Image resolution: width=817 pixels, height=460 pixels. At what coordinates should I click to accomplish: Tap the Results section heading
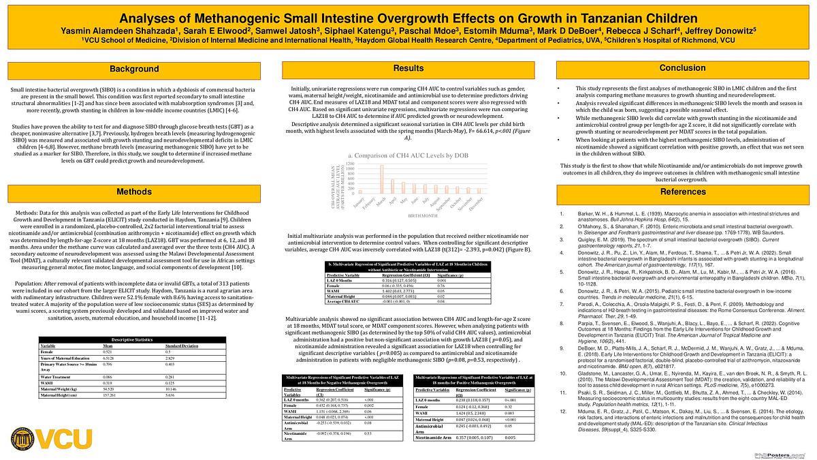click(408, 69)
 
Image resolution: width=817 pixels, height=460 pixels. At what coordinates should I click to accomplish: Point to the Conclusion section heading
click(682, 68)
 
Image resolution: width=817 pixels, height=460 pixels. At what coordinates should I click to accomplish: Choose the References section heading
click(682, 192)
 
